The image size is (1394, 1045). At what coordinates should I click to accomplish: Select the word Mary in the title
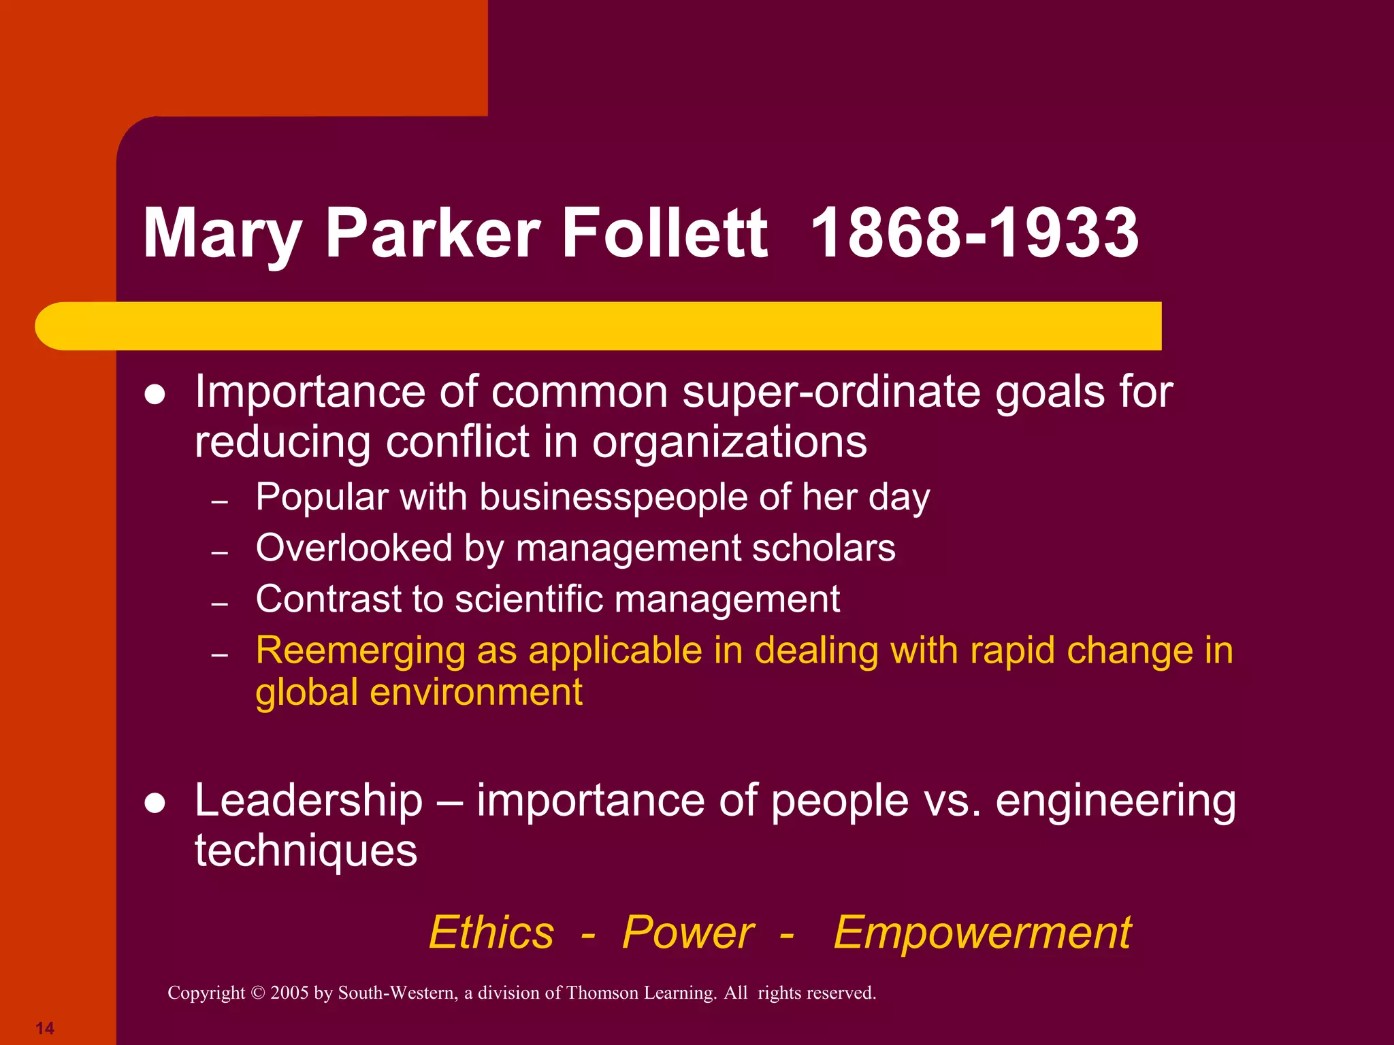[222, 235]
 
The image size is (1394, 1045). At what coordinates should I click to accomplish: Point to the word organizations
[729, 443]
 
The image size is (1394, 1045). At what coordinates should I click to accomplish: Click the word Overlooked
[354, 548]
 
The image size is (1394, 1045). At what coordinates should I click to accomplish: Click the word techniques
[306, 851]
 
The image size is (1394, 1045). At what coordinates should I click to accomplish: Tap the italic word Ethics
[491, 932]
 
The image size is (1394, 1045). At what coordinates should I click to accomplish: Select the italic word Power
[687, 932]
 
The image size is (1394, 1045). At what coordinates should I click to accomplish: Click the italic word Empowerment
[982, 933]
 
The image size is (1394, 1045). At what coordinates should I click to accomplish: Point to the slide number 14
[45, 1028]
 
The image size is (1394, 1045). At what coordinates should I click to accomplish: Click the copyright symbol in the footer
[257, 993]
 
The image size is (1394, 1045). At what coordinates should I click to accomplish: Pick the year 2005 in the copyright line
[289, 993]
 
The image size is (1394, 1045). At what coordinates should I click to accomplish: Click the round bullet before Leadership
[155, 803]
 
